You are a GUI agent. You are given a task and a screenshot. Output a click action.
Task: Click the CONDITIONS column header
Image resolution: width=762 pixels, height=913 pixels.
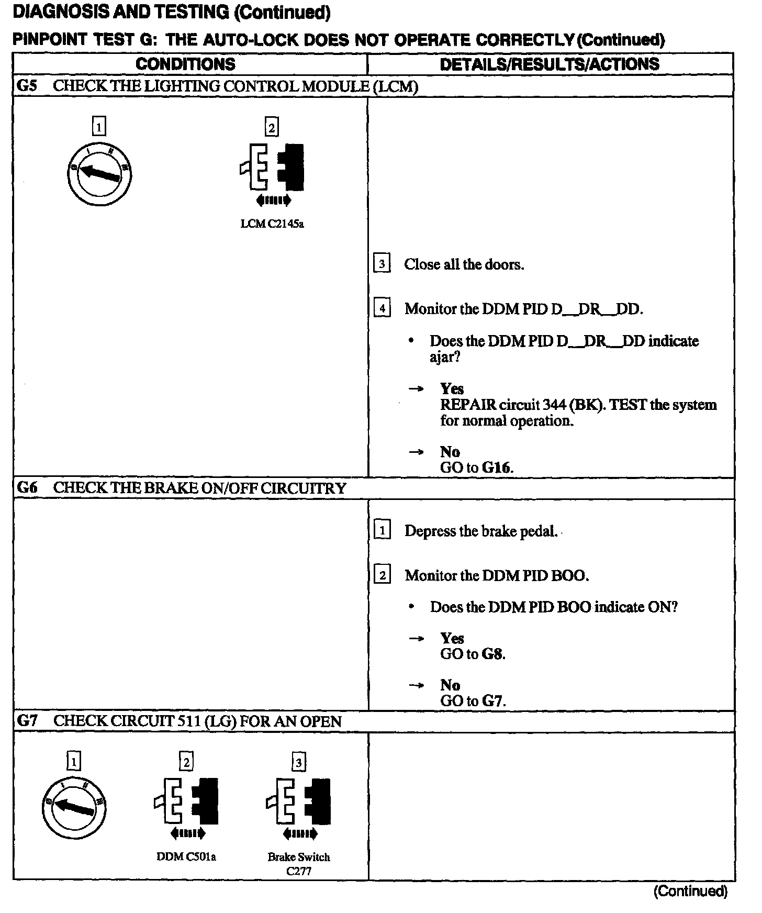(x=185, y=64)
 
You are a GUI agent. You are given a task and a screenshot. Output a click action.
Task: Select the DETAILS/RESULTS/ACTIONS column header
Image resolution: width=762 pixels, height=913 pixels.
(x=550, y=64)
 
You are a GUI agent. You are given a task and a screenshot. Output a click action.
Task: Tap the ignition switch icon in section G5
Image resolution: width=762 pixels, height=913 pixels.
(x=99, y=174)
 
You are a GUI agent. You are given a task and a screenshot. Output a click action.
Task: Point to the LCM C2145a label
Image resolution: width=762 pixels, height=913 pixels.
(x=272, y=224)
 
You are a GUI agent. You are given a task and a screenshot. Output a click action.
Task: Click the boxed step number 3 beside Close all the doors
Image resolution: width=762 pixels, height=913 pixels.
(x=382, y=264)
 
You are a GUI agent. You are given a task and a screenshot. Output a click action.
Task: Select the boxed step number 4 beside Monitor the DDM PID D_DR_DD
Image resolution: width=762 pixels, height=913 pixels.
(x=382, y=308)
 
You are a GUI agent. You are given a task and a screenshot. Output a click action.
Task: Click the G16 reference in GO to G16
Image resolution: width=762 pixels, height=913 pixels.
(x=496, y=467)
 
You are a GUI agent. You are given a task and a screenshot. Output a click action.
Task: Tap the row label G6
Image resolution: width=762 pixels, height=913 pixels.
(x=27, y=488)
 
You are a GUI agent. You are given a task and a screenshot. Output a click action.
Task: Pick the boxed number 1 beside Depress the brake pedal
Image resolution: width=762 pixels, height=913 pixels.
(x=382, y=531)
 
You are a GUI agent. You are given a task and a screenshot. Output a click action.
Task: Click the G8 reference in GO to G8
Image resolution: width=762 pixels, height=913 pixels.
(x=492, y=654)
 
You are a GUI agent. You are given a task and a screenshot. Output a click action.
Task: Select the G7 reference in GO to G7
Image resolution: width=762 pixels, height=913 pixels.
(x=492, y=700)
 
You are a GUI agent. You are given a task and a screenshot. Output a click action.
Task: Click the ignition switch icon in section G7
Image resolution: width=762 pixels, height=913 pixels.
(x=74, y=809)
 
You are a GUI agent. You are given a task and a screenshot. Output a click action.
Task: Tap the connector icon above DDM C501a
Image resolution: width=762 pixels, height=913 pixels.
(x=187, y=801)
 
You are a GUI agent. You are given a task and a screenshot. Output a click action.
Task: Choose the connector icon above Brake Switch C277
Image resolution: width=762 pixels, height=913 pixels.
(x=299, y=801)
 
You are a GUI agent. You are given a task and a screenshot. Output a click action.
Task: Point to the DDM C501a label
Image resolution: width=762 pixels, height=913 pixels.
(x=186, y=857)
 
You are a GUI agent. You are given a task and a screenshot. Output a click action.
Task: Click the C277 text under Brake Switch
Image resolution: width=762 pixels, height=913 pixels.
(x=299, y=871)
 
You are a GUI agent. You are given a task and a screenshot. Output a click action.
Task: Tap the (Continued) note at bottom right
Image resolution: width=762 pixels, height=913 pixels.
(x=690, y=891)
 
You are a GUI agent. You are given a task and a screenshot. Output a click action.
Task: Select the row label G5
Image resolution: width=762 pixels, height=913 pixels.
(x=27, y=86)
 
